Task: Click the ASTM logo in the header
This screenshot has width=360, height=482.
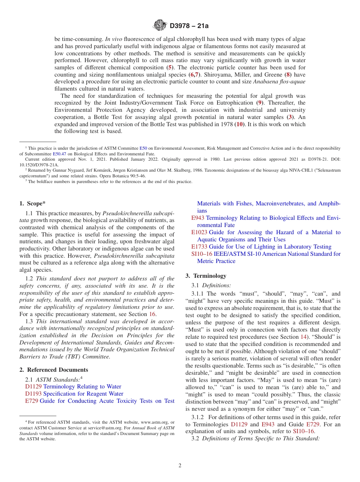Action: click(160, 25)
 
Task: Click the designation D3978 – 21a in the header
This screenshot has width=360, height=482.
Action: click(189, 26)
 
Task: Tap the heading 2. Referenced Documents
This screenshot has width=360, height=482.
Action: click(54, 370)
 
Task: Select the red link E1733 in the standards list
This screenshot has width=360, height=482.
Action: click(199, 247)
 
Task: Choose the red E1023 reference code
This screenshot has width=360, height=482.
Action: click(199, 232)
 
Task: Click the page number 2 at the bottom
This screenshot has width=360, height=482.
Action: click(180, 466)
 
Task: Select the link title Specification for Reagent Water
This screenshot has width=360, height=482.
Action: click(83, 394)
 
